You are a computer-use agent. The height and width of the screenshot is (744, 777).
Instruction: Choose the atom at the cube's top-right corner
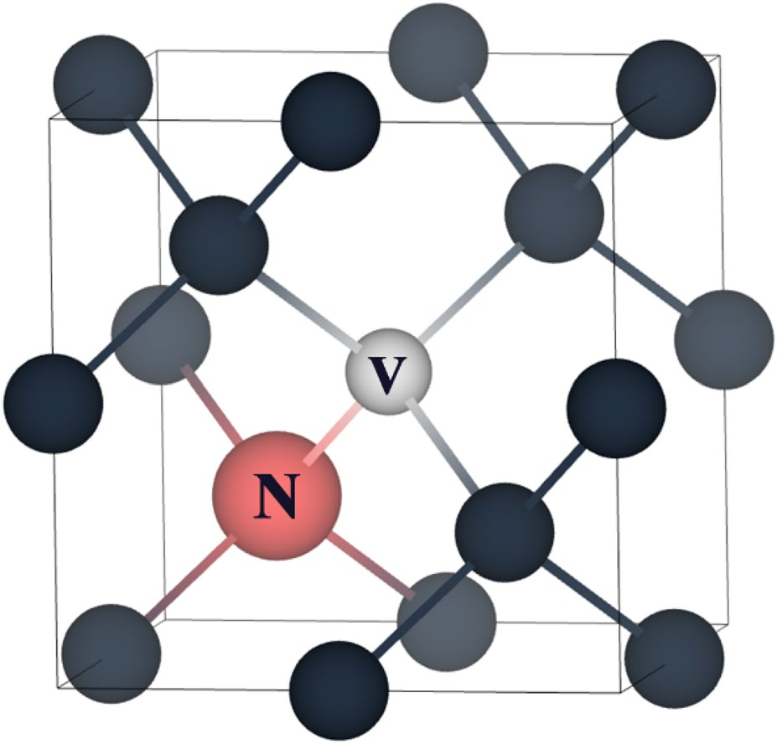[666, 88]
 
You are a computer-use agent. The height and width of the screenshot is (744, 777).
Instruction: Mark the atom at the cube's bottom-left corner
[111, 654]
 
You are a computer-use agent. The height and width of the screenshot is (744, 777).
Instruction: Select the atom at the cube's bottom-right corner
[674, 658]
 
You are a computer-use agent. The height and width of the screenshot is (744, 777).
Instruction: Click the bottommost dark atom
[340, 690]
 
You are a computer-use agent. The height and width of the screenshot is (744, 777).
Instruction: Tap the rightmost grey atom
[724, 338]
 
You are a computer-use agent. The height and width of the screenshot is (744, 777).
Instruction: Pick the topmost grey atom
[438, 51]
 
